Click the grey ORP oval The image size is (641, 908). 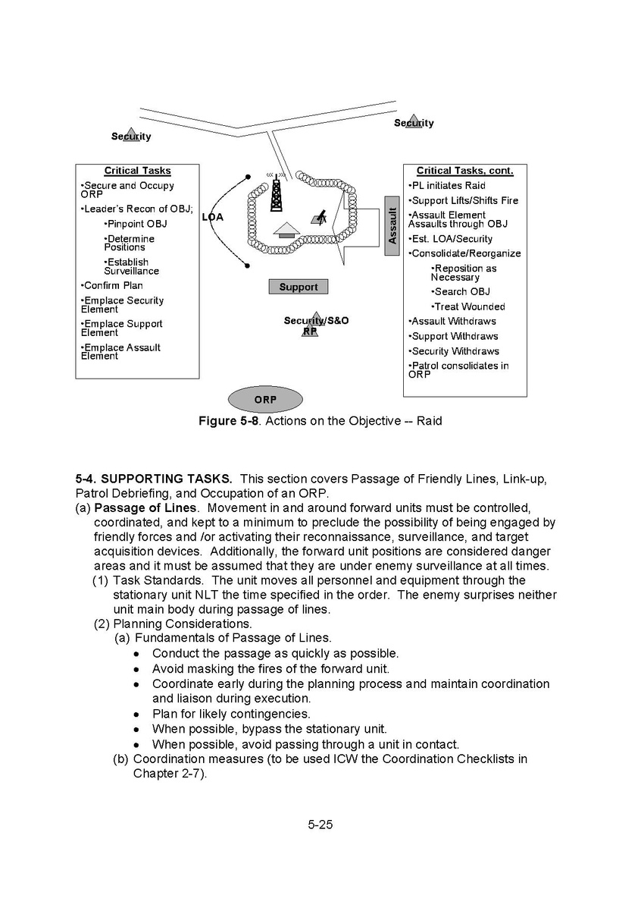coord(265,399)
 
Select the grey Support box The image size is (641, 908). coord(299,287)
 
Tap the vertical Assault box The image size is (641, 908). coord(392,226)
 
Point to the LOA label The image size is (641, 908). coord(213,218)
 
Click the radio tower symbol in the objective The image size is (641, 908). coord(277,193)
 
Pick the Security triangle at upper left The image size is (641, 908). coord(132,135)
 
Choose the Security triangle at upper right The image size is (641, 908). coord(414,121)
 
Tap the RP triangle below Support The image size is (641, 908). coord(309,328)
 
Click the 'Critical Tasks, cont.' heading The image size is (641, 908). coord(464,171)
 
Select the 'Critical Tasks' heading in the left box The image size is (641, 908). coord(137,171)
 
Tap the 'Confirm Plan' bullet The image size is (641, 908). coord(111,286)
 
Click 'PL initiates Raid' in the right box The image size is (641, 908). coord(447,186)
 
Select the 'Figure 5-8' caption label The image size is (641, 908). coord(224,421)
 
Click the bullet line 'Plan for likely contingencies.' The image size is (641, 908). coord(230,714)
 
